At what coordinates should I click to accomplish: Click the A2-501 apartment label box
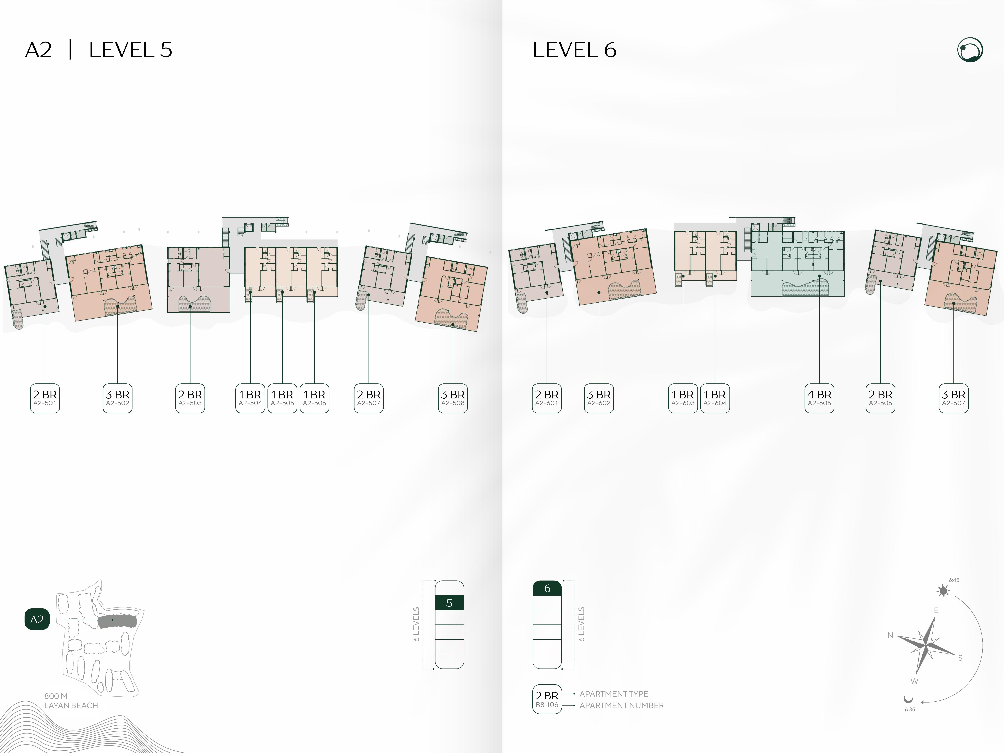click(45, 398)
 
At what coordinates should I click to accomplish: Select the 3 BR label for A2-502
click(118, 398)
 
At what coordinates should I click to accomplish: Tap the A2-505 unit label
click(282, 398)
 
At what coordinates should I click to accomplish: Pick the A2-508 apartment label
click(453, 398)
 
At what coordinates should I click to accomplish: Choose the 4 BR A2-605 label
click(819, 398)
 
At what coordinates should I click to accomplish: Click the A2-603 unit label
click(683, 398)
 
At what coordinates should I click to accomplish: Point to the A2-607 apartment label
click(954, 398)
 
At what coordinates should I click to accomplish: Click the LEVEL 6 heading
click(575, 50)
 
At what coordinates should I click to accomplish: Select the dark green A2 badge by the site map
click(37, 619)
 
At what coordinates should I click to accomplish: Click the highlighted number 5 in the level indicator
click(449, 603)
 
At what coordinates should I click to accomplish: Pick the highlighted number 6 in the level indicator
click(547, 588)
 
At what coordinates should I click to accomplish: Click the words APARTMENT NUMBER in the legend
click(621, 705)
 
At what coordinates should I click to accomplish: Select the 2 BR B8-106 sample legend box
click(547, 699)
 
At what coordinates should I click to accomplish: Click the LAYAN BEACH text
click(71, 705)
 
